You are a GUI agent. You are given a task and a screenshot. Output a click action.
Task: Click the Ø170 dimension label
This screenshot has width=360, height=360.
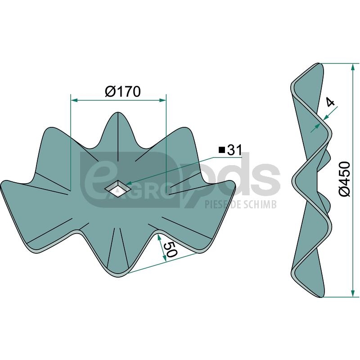[x=122, y=92]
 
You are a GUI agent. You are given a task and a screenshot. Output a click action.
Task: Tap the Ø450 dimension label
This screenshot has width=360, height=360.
[x=344, y=179]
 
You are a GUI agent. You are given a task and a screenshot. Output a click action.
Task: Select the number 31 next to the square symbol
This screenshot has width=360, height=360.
[x=234, y=150]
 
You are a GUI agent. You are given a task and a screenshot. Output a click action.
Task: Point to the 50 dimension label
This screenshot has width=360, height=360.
[x=171, y=249]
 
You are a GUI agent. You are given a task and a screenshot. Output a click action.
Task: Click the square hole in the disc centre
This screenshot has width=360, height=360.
[x=118, y=189]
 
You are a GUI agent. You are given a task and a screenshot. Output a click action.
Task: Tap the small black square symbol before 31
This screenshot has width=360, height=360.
[x=221, y=150]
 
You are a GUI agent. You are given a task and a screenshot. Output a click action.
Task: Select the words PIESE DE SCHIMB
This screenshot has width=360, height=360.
[x=240, y=204]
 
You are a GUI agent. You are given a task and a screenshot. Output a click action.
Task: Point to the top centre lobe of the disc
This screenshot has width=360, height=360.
[x=117, y=131]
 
